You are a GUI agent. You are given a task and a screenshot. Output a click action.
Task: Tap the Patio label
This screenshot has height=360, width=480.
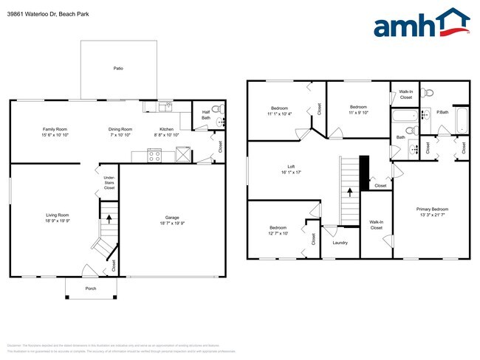(118, 68)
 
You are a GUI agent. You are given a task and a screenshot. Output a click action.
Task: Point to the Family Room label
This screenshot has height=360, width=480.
(55, 129)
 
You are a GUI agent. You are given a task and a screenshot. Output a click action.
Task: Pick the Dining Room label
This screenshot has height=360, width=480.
(120, 129)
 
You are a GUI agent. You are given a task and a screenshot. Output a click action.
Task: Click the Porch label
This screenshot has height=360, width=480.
(91, 288)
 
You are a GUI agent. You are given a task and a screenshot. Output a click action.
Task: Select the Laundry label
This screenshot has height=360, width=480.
(340, 242)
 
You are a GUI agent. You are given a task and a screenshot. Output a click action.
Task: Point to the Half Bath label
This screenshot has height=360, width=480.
(206, 115)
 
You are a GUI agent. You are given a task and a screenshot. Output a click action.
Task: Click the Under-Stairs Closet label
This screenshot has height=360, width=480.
(109, 182)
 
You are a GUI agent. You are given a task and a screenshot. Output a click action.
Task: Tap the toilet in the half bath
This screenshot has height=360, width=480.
(216, 110)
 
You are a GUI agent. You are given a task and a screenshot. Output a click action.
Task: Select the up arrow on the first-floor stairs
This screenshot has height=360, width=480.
(109, 218)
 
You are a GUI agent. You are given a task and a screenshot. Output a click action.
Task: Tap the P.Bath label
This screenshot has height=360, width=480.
(443, 113)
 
